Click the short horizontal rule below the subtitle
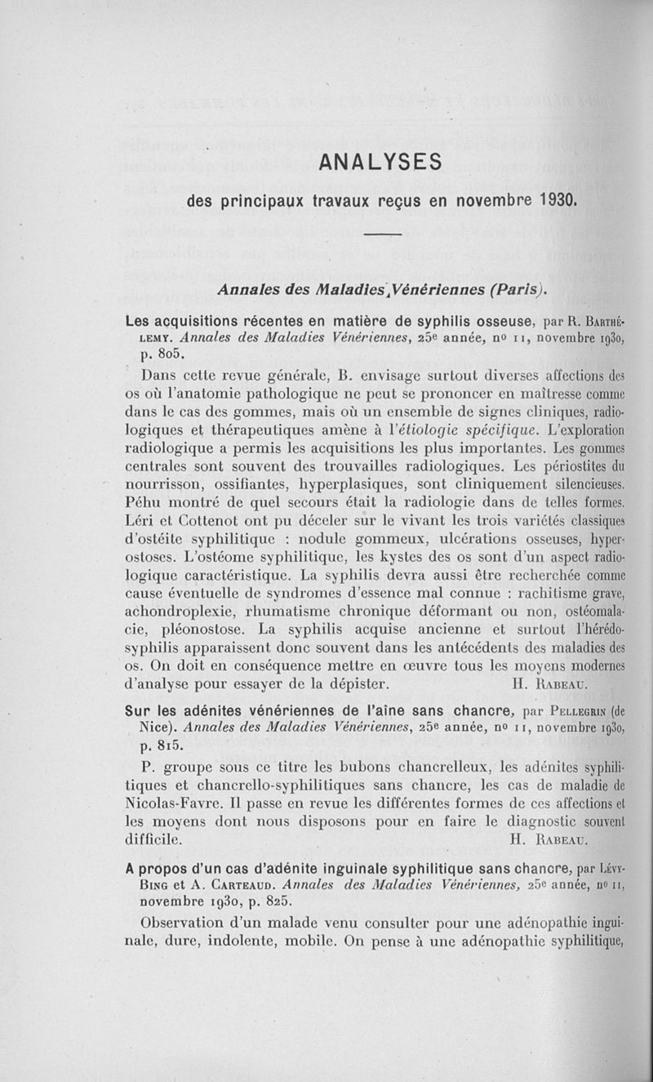tap(384, 236)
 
